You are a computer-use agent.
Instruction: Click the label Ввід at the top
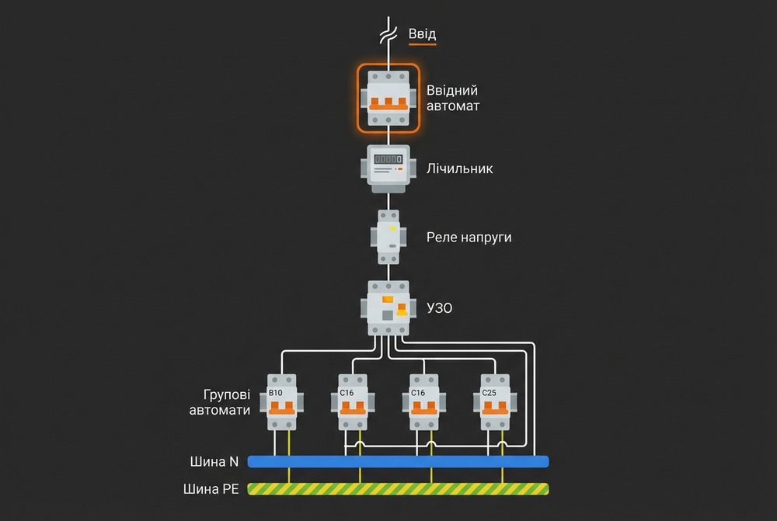point(422,34)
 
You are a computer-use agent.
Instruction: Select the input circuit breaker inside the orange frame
point(388,99)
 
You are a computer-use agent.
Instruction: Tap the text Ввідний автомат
point(453,98)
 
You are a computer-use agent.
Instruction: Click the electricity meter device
point(388,168)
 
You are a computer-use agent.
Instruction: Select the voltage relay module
point(388,237)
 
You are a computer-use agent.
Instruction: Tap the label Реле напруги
point(469,237)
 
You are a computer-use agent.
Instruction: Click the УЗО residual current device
point(388,308)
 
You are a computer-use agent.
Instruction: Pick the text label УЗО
point(440,308)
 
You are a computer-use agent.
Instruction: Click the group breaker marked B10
point(281,402)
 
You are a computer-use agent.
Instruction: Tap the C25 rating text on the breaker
point(489,393)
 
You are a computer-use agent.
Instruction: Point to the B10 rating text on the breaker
point(275,393)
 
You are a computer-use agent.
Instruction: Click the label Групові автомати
point(220,402)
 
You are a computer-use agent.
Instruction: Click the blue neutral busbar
point(398,462)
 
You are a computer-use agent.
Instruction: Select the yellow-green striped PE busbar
point(398,489)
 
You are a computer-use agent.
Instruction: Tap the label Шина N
point(214,462)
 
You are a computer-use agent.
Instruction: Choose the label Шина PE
point(211,489)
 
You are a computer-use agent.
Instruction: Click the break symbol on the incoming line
point(388,35)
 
